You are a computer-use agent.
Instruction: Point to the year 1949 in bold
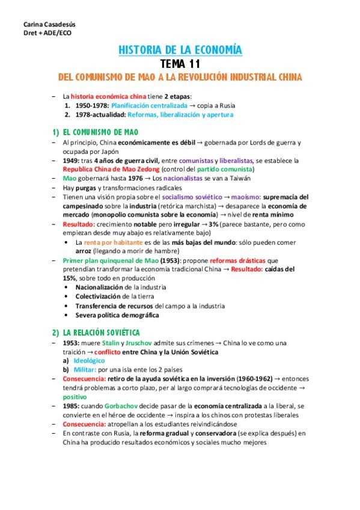pyautogui.click(x=70, y=161)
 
